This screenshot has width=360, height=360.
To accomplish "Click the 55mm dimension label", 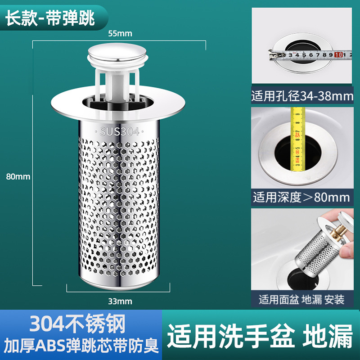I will click(119, 33).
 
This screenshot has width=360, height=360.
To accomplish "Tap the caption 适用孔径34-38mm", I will click(302, 96).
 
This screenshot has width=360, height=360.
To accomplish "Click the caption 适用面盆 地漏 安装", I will click(301, 299).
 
